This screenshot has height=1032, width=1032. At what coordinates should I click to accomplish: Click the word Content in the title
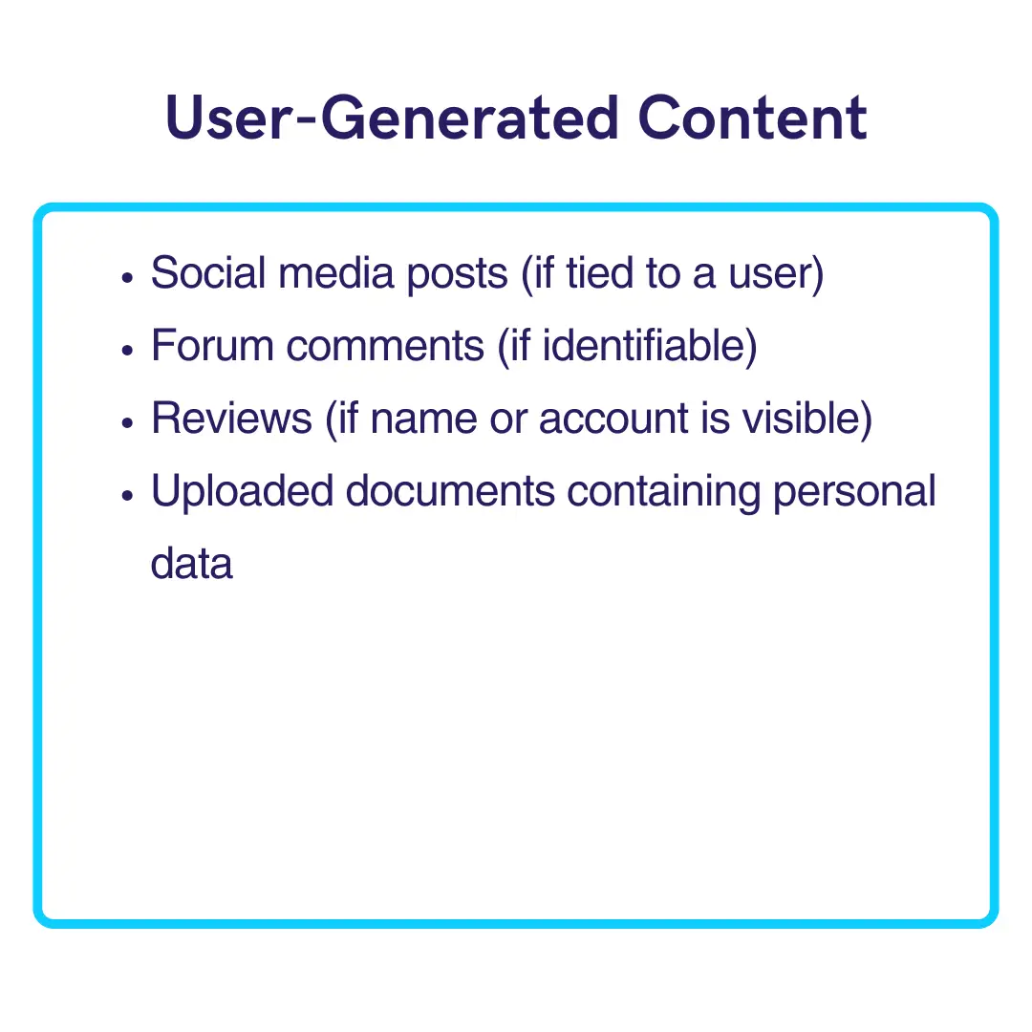[x=752, y=118]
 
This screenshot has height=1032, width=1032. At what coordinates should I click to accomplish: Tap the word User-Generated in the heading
[x=393, y=118]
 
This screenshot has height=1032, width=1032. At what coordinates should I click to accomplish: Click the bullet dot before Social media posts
[x=128, y=278]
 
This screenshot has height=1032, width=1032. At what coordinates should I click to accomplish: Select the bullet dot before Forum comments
[x=128, y=350]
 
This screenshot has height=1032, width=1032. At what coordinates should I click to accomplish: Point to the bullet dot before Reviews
[x=128, y=422]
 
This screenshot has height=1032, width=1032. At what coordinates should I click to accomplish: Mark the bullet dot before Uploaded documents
[x=128, y=496]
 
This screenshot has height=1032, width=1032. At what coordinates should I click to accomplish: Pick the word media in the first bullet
[x=335, y=272]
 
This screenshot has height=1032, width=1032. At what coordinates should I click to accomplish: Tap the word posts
[x=458, y=275]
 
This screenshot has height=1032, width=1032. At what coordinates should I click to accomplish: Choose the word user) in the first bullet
[x=776, y=275]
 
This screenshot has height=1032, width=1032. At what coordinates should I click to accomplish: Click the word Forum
[x=212, y=345]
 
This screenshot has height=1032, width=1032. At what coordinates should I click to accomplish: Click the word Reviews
[x=231, y=418]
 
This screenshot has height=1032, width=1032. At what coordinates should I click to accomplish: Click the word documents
[x=450, y=490]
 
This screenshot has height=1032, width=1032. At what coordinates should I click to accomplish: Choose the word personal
[x=854, y=493]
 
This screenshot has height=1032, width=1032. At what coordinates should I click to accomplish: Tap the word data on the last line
[x=191, y=564]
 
